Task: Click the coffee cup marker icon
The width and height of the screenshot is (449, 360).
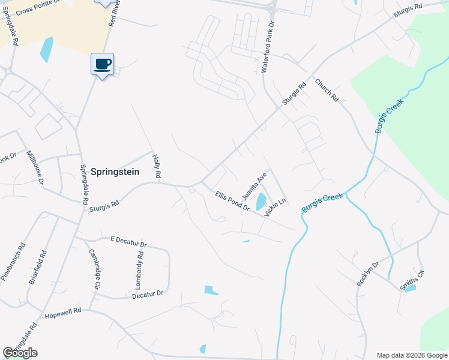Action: point(102,64)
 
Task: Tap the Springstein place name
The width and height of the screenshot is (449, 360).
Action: point(115,172)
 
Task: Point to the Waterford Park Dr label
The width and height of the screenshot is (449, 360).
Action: point(268,48)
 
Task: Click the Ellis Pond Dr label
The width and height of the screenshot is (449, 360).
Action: point(232,200)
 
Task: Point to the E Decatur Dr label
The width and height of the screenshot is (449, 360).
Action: point(128,242)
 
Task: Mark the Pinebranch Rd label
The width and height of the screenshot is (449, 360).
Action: point(13,262)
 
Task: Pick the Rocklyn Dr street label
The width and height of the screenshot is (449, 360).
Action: point(368,274)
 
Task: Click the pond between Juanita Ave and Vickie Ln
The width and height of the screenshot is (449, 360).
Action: point(261,201)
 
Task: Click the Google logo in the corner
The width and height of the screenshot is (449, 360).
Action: point(20,353)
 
